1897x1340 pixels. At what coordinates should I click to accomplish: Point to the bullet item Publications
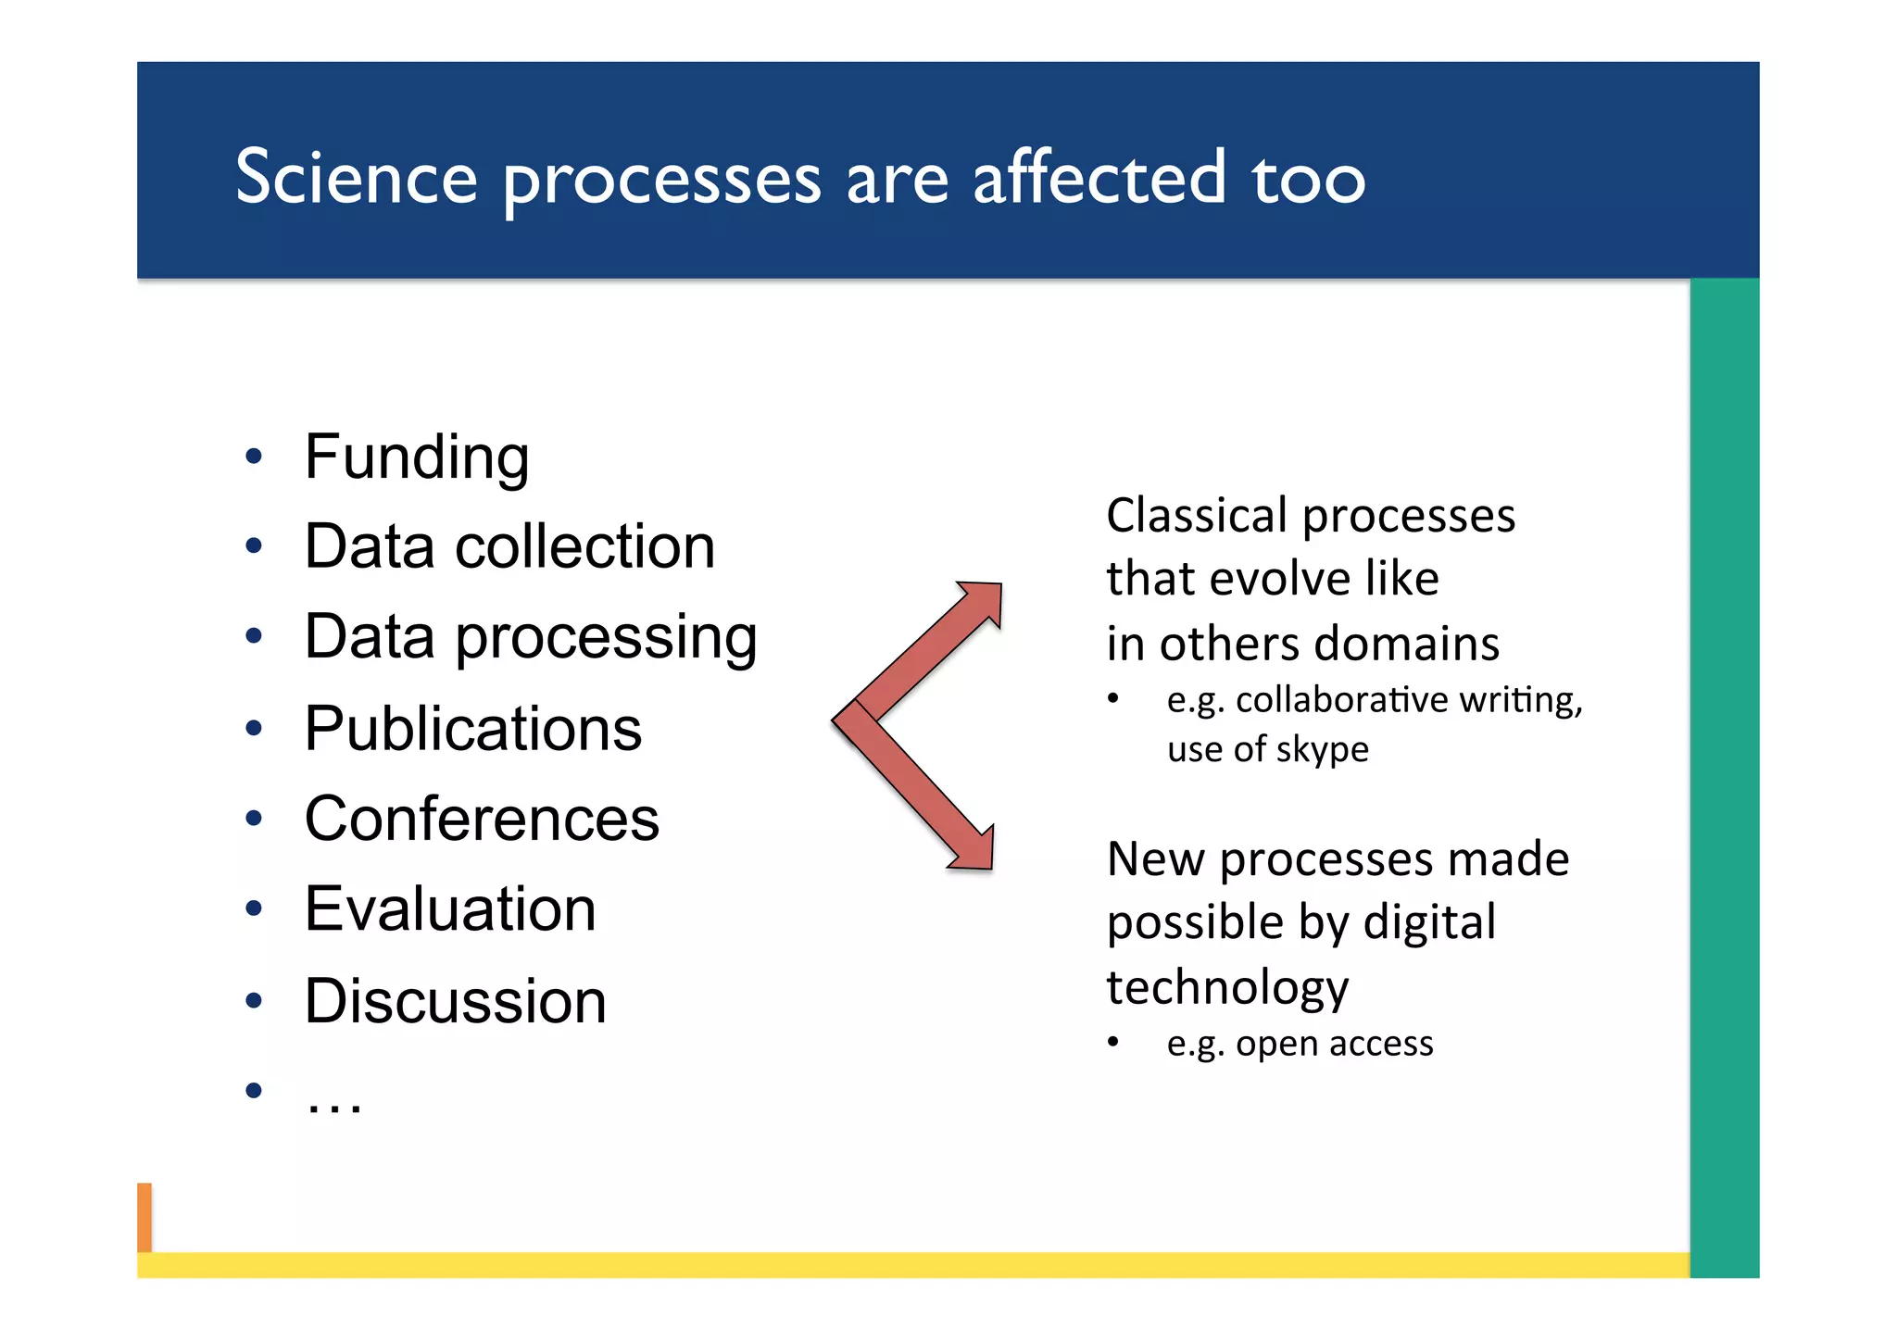tap(472, 729)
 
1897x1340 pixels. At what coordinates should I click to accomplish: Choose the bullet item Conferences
tap(482, 819)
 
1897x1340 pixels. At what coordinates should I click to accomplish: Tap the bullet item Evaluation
tap(450, 908)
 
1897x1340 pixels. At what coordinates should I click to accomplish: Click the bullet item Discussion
tap(455, 1001)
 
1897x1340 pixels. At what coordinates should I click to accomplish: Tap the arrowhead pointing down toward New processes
tap(975, 851)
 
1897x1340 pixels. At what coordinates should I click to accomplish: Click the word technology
tap(1227, 987)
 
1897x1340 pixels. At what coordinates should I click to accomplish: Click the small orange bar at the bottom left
tap(144, 1217)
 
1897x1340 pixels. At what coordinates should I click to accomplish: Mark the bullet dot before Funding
tap(254, 457)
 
